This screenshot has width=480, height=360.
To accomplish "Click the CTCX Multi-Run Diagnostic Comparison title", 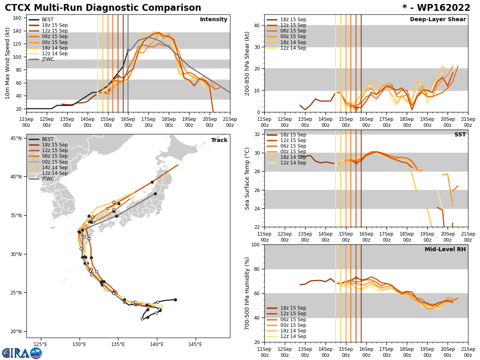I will [103, 8].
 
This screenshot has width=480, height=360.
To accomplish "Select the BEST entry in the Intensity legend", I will [48, 20].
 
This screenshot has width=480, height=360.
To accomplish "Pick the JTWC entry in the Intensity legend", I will [48, 59].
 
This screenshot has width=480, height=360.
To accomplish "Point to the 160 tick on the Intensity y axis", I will [18, 18].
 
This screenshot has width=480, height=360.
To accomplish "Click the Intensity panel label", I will [214, 20].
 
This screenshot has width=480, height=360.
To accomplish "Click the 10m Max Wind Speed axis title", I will [8, 63].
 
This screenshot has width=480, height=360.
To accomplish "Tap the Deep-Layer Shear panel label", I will [438, 20].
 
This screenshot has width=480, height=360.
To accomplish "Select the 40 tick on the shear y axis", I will [257, 25].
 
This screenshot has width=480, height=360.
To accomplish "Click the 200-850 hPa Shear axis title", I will [247, 63].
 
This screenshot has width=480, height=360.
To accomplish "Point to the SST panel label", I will [460, 135].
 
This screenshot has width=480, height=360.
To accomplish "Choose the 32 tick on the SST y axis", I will [257, 134].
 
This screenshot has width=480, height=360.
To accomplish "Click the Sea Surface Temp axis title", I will [247, 178].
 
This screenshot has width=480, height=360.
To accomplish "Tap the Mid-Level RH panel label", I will [445, 250].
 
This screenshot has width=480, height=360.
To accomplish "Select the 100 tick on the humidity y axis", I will [255, 244].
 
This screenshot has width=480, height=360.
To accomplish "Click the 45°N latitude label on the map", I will [16, 138].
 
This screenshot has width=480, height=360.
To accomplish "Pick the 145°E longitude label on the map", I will [195, 344].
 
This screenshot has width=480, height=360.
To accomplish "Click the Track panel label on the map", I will [219, 140].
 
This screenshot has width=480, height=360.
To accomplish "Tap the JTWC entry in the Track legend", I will [48, 179].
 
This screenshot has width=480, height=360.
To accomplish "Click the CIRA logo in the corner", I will [22, 353].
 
